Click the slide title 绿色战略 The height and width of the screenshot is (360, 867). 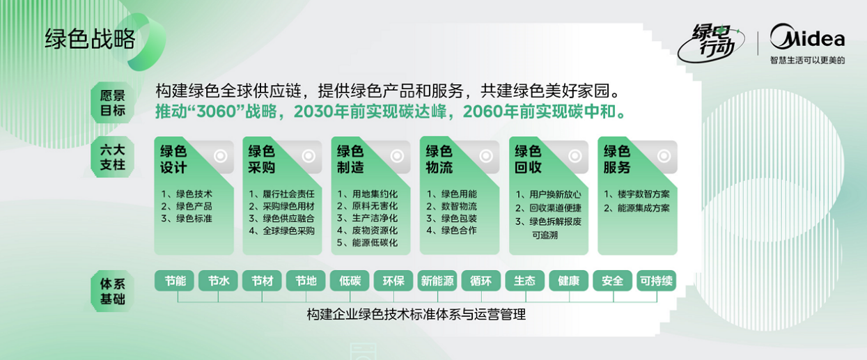[x=90, y=40]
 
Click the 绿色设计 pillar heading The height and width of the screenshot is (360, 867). [x=173, y=159]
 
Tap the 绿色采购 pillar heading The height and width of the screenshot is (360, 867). [x=262, y=159]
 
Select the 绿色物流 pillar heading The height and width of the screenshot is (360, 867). [x=439, y=159]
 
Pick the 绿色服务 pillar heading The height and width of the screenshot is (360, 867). [x=617, y=159]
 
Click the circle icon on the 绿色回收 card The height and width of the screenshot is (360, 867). [x=575, y=157]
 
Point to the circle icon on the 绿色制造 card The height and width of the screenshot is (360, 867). [x=397, y=157]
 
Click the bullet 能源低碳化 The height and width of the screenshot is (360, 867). [x=367, y=243]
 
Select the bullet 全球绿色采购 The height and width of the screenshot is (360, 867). [x=281, y=230]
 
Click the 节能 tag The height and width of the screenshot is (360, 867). [x=175, y=281]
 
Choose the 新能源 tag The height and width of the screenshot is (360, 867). [x=437, y=281]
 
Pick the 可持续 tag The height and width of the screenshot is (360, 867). [x=656, y=281]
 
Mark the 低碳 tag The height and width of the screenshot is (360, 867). [x=350, y=281]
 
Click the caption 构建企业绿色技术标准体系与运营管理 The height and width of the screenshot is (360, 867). [x=416, y=315]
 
